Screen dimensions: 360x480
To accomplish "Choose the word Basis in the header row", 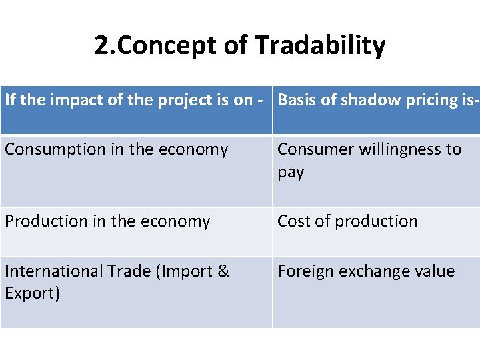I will point(296,100).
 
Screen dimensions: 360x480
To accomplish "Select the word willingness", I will point(401,149).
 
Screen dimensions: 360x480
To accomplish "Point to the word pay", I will point(291,172).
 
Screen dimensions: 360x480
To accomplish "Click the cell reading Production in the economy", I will point(107,221).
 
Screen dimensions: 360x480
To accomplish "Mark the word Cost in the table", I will point(293,221).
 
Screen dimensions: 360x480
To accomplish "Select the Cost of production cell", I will point(347,221).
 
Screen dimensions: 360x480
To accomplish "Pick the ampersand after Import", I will point(223,271).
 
